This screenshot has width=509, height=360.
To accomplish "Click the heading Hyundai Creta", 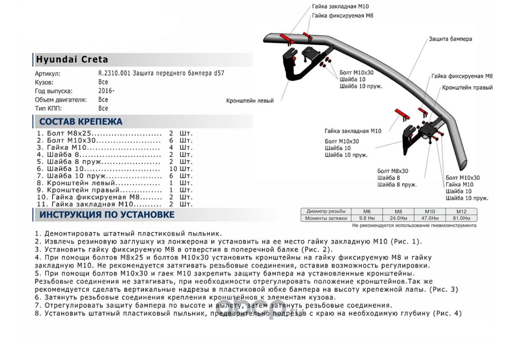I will point(72,59).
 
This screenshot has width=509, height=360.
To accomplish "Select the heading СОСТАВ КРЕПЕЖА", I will point(80,121).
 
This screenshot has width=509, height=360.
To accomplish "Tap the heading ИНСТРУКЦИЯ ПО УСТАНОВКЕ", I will point(107,215).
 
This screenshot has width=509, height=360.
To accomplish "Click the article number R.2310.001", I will point(115,73).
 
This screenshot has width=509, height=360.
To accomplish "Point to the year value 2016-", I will point(106,91).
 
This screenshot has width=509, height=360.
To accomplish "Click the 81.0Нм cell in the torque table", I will point(461,218).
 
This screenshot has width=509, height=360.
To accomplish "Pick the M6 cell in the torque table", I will point(367,211).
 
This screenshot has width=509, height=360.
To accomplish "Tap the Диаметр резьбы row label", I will point(326,211).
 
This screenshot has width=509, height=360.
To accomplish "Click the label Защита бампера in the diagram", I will point(451,39).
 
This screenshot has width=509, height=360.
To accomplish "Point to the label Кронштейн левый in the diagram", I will point(250,101).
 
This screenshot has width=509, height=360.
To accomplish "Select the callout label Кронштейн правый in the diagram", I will point(467,88).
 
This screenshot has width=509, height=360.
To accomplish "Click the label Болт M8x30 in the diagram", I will point(393,171).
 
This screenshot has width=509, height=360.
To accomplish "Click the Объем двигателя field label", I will point(60,99).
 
